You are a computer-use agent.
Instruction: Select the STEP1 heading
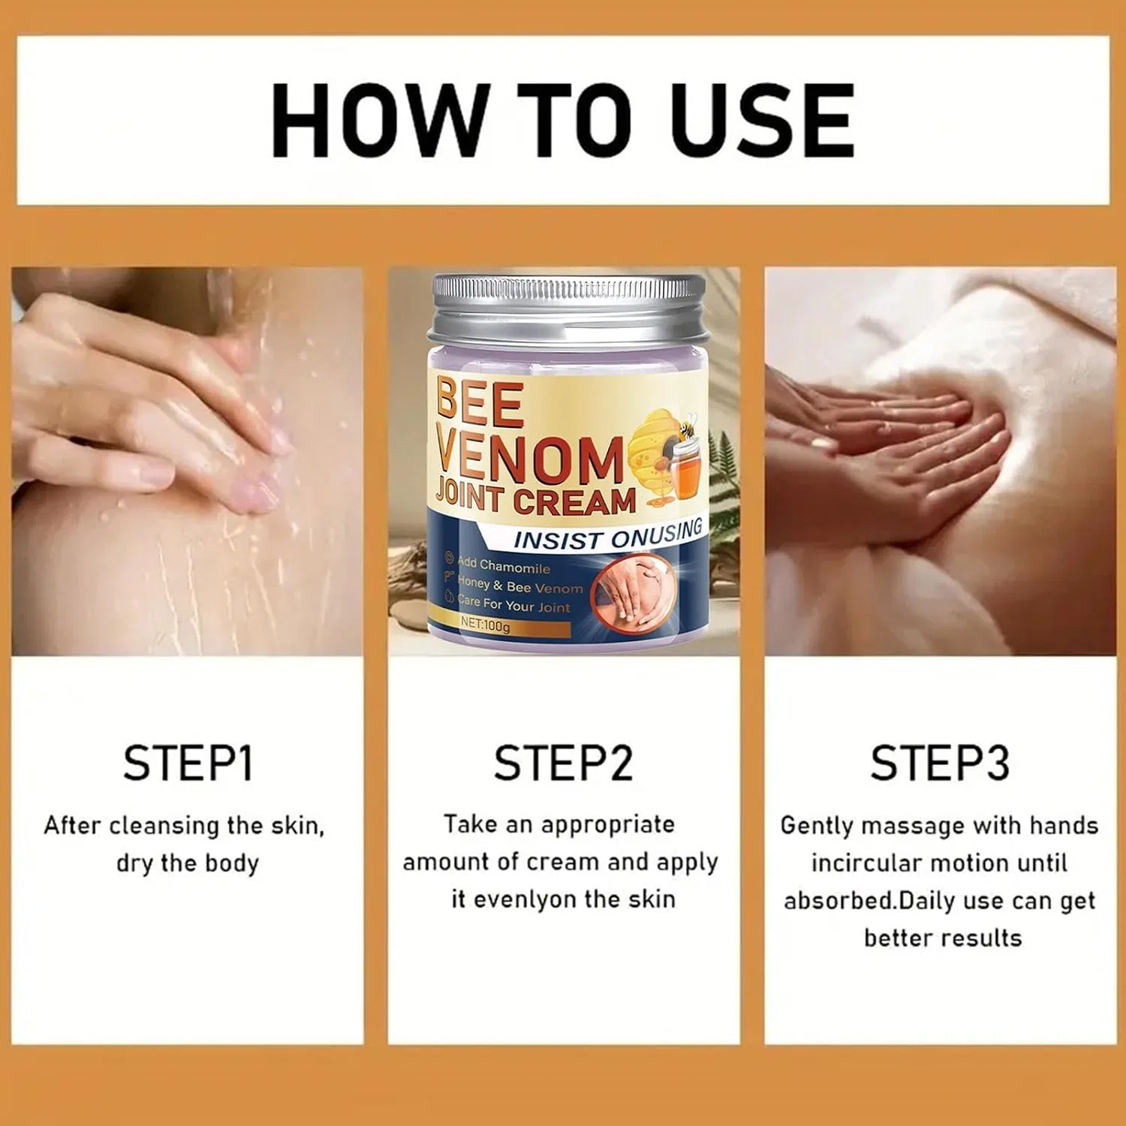coord(188,763)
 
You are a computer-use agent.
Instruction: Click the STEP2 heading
coord(563,763)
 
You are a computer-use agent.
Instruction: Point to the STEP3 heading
coord(940,763)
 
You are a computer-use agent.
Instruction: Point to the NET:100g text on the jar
coord(485,625)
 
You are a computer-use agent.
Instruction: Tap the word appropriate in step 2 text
coord(607,825)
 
